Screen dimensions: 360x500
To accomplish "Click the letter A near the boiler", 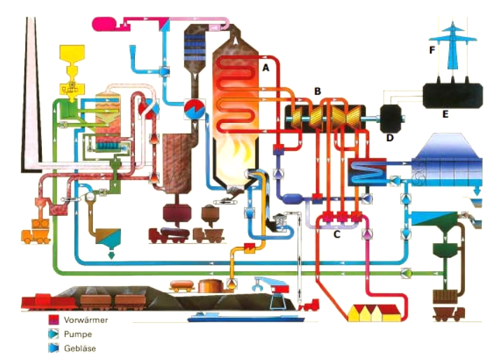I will pos(265,68).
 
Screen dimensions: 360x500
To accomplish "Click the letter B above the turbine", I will pos(317,91).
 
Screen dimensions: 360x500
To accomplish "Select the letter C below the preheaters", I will pos(336,234).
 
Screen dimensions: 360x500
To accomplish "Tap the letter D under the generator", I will pos(390,137).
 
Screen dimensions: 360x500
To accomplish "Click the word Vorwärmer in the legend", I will pos(85,319).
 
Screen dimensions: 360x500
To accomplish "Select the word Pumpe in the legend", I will pos(78,334).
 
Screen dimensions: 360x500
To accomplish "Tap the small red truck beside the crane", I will pos(309,305).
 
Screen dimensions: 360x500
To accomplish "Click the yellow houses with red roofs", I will pos(376,312).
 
